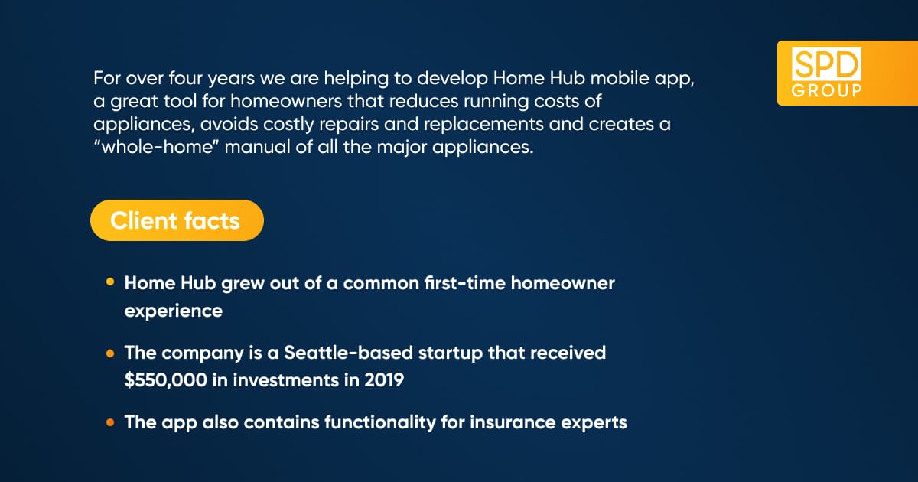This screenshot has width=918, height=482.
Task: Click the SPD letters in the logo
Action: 826,64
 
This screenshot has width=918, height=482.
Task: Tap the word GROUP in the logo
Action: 826,90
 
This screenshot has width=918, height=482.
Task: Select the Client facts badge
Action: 177,220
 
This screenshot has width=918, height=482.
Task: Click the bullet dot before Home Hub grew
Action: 110,282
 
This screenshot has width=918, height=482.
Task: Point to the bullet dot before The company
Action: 110,353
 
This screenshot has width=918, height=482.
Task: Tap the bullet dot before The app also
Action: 110,422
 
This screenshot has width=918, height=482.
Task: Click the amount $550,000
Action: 165,380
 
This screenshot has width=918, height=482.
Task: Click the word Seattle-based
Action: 348,353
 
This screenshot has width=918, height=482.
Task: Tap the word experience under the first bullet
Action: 174,311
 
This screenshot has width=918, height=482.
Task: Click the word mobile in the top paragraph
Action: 620,78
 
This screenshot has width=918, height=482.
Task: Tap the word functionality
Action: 380,423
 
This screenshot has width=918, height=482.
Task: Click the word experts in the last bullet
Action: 594,423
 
